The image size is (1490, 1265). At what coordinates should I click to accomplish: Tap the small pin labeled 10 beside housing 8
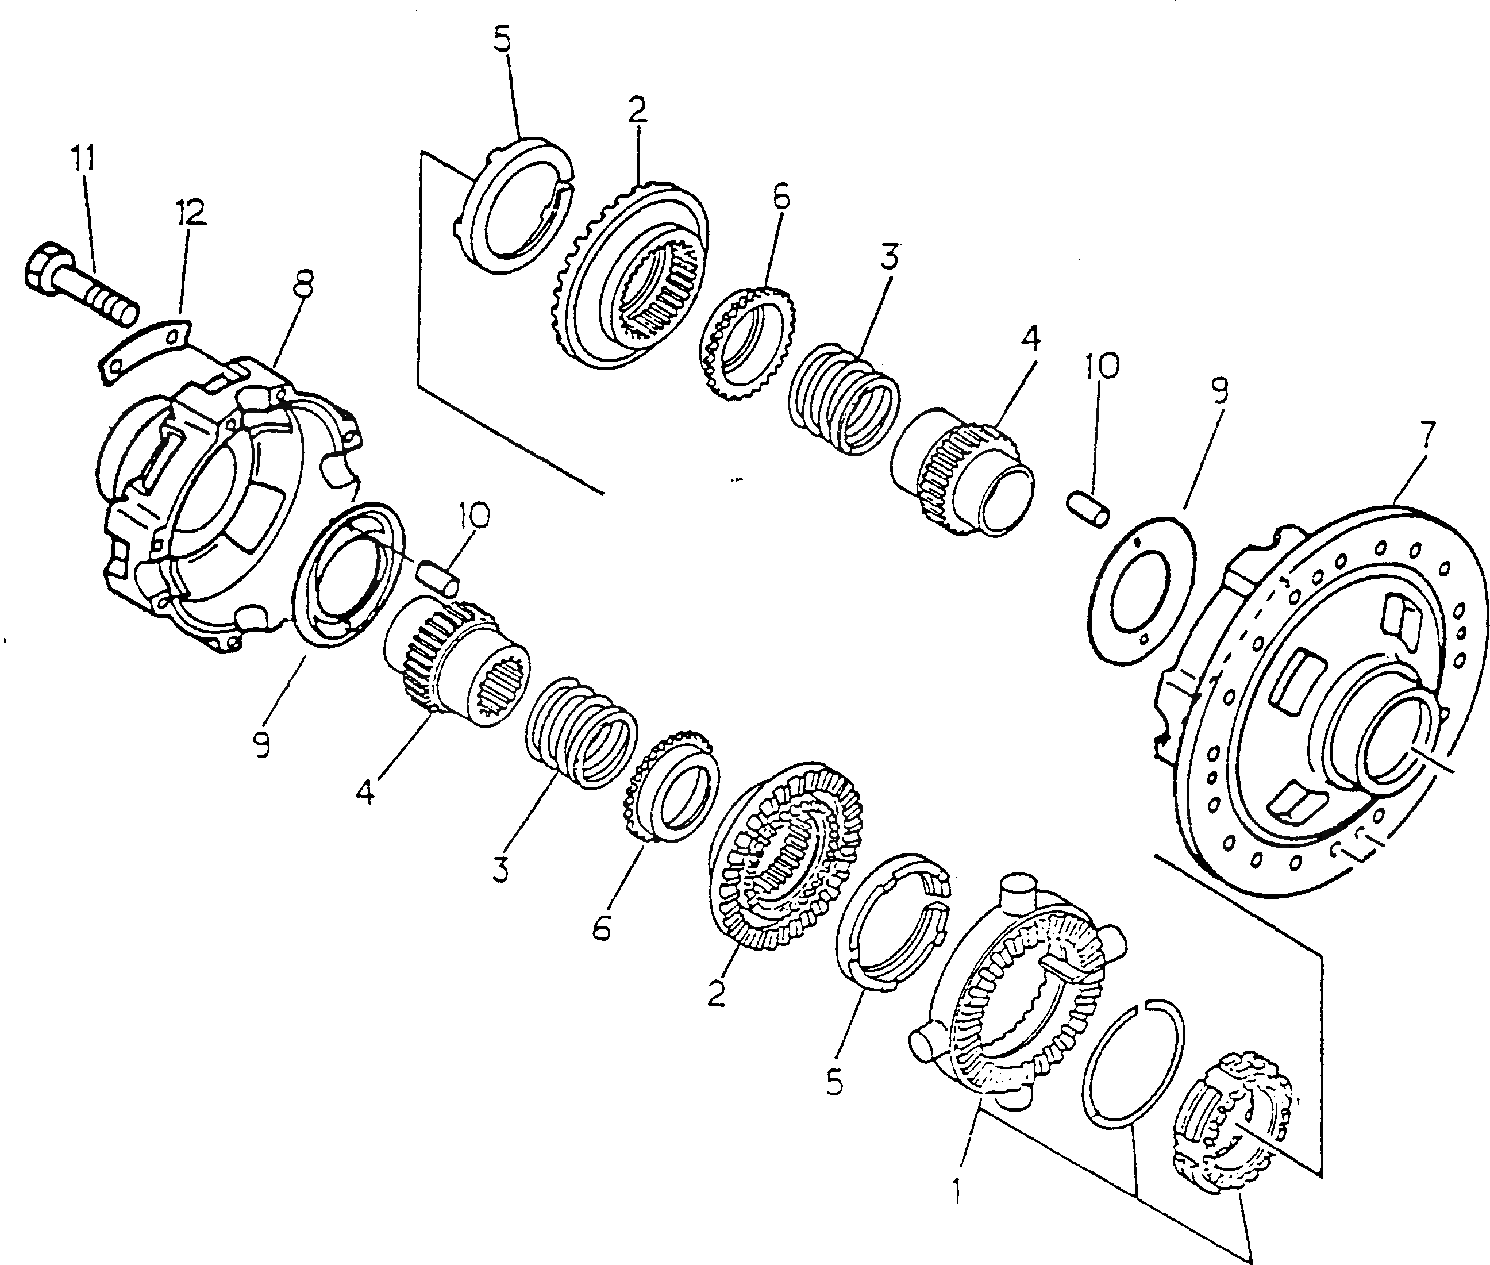point(439,578)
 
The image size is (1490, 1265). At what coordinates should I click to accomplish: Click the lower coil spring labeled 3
point(581,733)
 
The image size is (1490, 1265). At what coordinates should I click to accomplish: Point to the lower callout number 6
point(601,930)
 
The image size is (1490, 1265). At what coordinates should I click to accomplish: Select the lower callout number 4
point(365,791)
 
